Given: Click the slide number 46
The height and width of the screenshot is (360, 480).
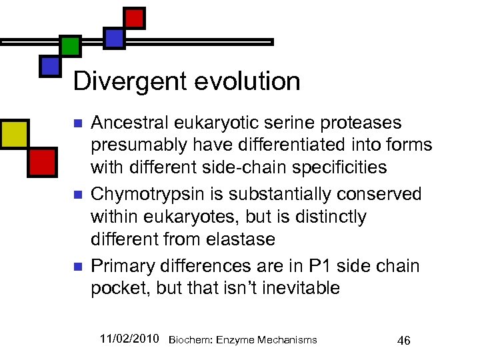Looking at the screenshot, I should [403, 341].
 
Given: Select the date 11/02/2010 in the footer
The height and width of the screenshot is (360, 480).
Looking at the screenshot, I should [129, 339].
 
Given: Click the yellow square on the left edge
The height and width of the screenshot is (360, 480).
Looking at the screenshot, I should [13, 133].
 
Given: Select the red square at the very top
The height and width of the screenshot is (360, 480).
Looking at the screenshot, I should [135, 17].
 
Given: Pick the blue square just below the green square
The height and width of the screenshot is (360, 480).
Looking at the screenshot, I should [50, 65].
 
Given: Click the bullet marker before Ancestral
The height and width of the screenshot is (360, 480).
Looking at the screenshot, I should [77, 124].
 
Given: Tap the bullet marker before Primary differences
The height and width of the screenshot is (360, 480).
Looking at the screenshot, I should [77, 267].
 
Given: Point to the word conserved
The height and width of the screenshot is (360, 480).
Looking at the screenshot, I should [379, 194].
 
